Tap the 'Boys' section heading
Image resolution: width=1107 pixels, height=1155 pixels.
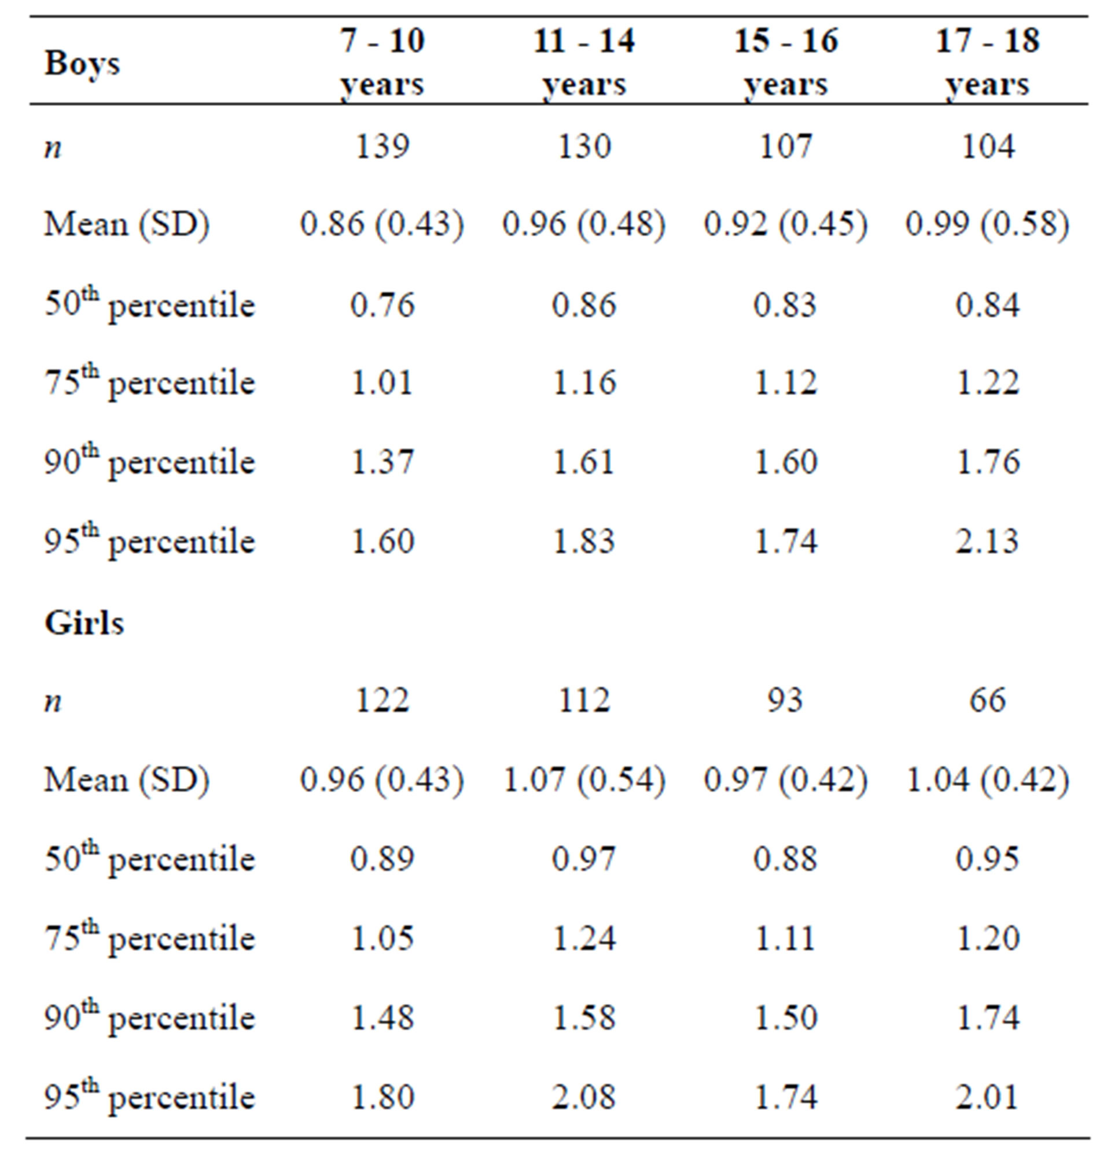pyautogui.click(x=82, y=63)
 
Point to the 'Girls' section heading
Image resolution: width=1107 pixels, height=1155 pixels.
pyautogui.click(x=84, y=623)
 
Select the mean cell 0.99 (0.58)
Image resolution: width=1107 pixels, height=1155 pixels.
pyautogui.click(x=987, y=225)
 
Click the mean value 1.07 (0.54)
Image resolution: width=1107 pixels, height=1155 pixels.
pyautogui.click(x=584, y=779)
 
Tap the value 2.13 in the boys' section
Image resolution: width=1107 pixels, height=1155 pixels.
pyautogui.click(x=987, y=541)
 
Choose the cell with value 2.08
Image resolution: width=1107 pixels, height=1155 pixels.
pyautogui.click(x=584, y=1097)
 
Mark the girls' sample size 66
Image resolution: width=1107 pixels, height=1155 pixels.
pyautogui.click(x=987, y=701)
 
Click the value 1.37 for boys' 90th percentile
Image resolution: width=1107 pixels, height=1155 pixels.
pyautogui.click(x=382, y=461)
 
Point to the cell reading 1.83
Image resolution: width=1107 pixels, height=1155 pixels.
pyautogui.click(x=584, y=541)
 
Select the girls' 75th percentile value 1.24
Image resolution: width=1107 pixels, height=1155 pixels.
pyautogui.click(x=584, y=938)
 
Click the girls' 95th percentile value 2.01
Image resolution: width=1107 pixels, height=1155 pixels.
pyautogui.click(x=987, y=1097)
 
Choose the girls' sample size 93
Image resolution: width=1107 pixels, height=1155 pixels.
pyautogui.click(x=786, y=701)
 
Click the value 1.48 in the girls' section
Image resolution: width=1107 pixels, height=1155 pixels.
pyautogui.click(x=382, y=1018)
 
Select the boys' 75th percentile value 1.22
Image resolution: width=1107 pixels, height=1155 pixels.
pyautogui.click(x=987, y=383)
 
